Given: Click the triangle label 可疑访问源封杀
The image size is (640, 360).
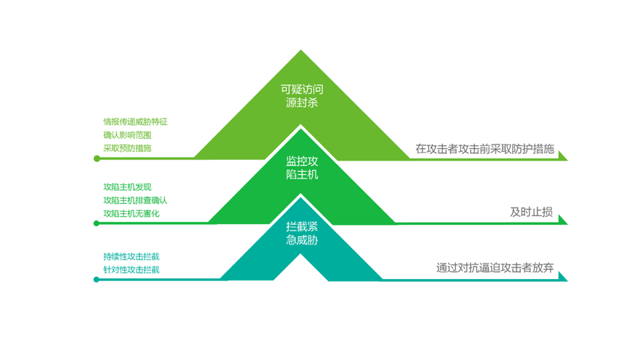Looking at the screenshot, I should [301, 96].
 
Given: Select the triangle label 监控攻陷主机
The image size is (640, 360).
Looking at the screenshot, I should [301, 168].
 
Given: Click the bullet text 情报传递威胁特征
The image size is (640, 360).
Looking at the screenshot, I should [135, 122].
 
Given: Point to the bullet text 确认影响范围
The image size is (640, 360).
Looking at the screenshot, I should [127, 135].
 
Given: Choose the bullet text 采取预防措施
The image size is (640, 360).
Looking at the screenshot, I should [127, 148].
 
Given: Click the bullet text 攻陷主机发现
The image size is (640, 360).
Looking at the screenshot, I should [127, 187].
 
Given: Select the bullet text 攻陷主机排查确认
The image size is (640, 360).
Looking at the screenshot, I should [135, 200].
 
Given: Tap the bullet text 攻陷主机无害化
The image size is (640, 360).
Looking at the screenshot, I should [131, 213].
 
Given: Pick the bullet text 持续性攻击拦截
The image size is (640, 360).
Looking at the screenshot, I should [131, 257].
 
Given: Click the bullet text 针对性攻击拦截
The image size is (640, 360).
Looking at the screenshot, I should [131, 270].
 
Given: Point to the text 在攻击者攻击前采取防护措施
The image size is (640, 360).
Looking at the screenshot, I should [485, 150].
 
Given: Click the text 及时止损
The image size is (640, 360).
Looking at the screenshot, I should [531, 212].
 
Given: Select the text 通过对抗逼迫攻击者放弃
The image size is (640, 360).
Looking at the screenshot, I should [495, 267].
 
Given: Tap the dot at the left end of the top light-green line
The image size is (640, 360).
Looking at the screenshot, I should [97, 158].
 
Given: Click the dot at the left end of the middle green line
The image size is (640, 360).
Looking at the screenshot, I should [97, 223].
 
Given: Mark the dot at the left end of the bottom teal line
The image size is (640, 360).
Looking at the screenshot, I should [97, 280].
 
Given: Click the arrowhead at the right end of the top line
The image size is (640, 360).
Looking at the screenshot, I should [562, 156].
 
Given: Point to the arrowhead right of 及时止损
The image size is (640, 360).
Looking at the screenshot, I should [562, 220].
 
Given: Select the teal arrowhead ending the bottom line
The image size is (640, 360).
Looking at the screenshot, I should [562, 276].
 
